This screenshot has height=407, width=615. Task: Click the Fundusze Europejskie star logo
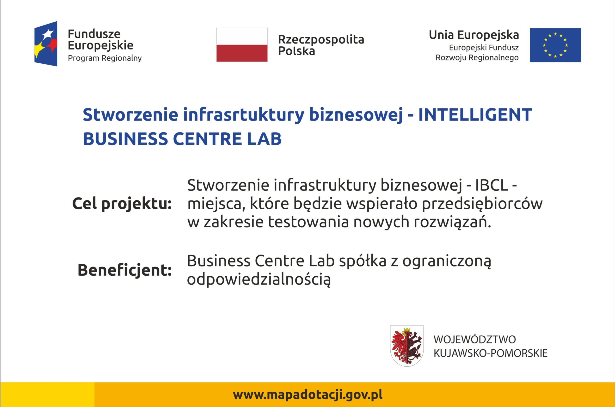click(46, 44)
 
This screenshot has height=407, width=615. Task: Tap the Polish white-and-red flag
click(242, 45)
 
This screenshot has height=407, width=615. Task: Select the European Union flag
click(555, 45)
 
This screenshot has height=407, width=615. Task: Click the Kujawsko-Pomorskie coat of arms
click(407, 346)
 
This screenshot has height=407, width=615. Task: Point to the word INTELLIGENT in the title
click(475, 115)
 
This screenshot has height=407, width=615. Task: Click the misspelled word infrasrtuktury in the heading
click(244, 115)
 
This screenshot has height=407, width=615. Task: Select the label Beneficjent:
click(125, 270)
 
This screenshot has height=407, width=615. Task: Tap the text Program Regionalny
click(105, 58)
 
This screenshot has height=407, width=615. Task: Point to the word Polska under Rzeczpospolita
click(296, 51)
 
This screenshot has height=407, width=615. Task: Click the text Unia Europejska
click(474, 35)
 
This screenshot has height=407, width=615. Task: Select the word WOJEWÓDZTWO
click(475, 339)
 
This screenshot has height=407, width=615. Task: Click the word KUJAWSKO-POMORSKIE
click(491, 353)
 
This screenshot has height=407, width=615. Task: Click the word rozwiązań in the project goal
click(452, 222)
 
